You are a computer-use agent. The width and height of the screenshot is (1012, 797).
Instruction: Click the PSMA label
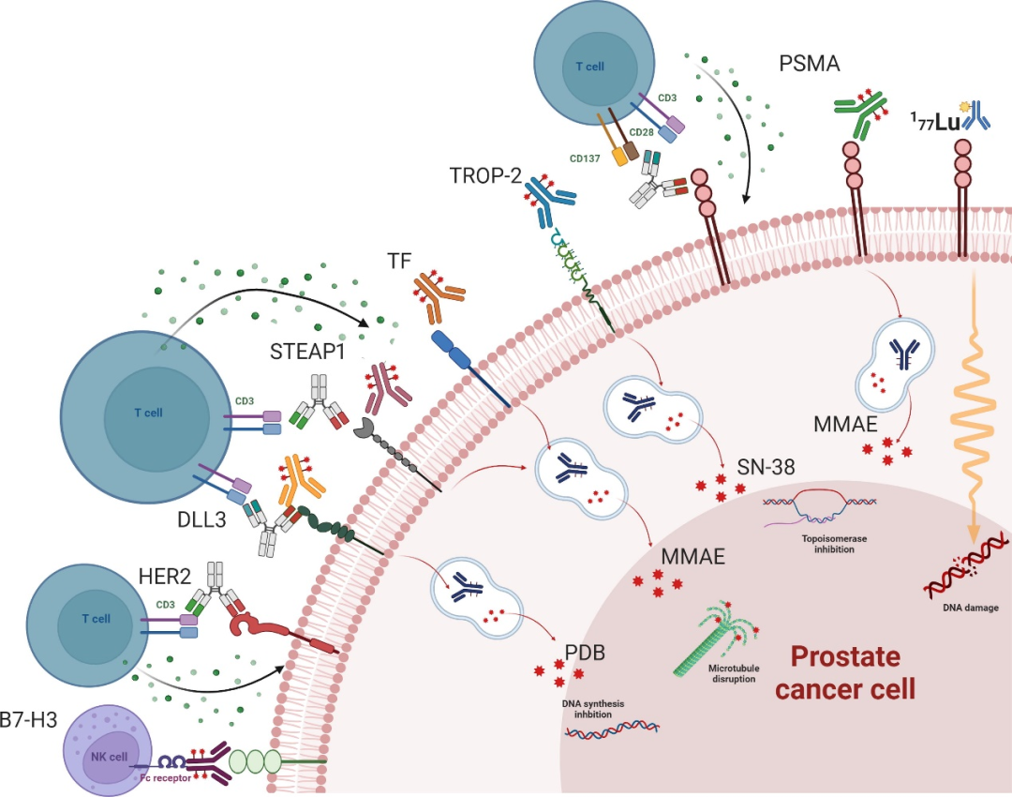pyautogui.click(x=810, y=64)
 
